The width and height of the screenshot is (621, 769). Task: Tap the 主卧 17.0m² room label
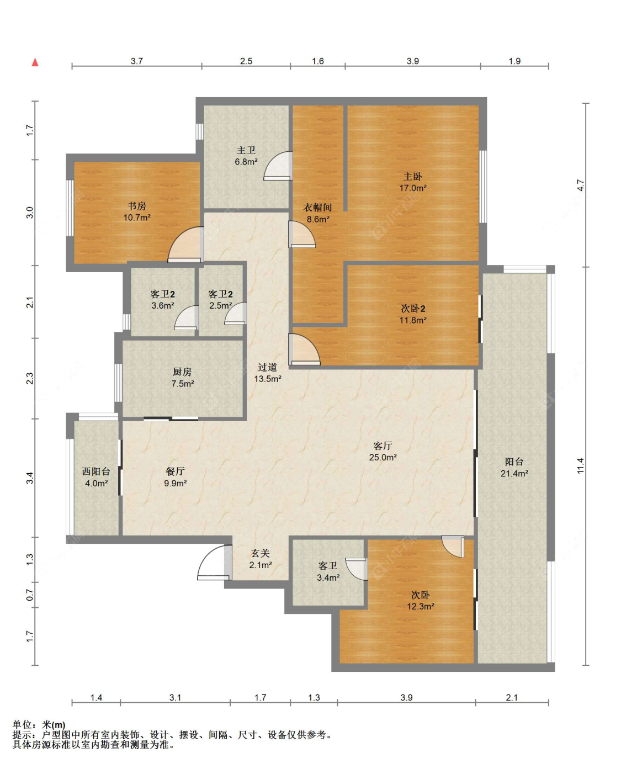(x=413, y=182)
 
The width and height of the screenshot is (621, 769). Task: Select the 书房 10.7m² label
(x=137, y=211)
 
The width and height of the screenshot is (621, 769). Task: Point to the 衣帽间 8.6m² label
(x=317, y=213)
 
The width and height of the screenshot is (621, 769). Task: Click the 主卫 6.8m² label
(x=246, y=156)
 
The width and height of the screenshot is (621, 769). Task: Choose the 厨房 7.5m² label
(x=182, y=378)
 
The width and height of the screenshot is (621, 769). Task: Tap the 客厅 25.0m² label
(x=383, y=451)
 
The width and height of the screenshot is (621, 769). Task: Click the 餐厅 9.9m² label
(x=175, y=477)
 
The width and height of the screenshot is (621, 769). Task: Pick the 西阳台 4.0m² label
(x=96, y=477)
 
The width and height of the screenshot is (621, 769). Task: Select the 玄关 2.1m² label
(x=261, y=559)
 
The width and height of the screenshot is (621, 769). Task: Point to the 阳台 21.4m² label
(x=514, y=467)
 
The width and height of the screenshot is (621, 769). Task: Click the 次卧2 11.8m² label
(x=413, y=314)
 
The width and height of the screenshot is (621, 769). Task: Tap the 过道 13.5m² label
(x=268, y=373)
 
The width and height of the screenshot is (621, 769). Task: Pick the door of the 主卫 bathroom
(x=278, y=166)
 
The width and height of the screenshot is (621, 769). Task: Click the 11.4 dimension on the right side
(x=580, y=466)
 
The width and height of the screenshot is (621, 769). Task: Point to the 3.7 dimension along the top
(x=136, y=61)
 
